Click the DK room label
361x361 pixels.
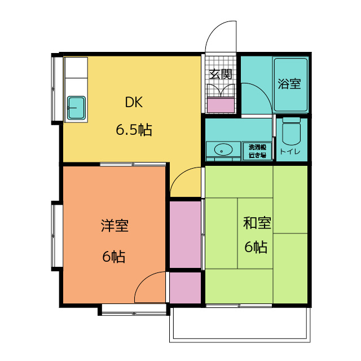pos(134,103)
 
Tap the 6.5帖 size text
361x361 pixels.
pos(134,130)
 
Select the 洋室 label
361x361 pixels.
pos(115,226)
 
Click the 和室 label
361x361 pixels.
pos(257,223)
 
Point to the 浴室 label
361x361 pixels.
pos(289,84)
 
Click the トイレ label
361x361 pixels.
pos(290,151)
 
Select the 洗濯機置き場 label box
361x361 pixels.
pos(257,150)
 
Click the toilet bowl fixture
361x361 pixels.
pos(292,132)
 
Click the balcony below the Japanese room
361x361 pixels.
pos(239,324)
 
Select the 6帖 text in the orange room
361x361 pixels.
pos(114,257)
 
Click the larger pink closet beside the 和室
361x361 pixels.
pos(186,234)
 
